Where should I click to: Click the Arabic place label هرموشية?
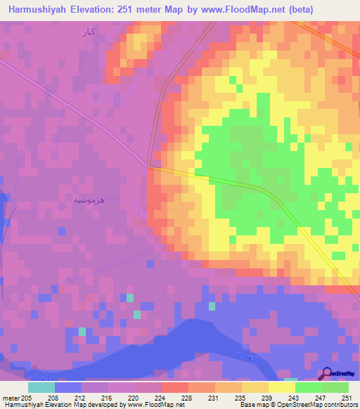coord(89,200)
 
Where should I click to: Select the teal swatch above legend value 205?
coord(41,387)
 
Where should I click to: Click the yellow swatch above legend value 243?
coord(282,387)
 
